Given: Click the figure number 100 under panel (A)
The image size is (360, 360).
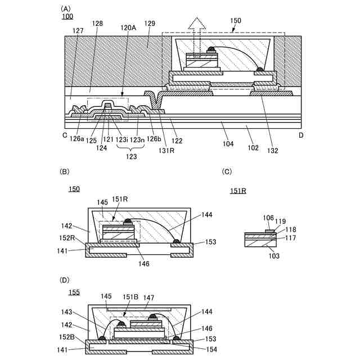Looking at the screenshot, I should point(67,17).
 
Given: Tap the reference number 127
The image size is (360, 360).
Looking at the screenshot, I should point(78,31).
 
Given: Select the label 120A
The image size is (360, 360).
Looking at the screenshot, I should point(128,27).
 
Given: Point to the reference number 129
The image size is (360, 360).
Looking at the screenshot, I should point(150,24).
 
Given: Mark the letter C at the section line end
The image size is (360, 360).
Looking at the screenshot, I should point(65,136).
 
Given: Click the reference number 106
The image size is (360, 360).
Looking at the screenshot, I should point(268,218).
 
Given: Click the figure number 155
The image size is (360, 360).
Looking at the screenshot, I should point(74,291).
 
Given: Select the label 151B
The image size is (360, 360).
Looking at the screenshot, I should point(130,296).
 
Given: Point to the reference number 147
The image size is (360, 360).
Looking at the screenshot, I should point(148,296).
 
